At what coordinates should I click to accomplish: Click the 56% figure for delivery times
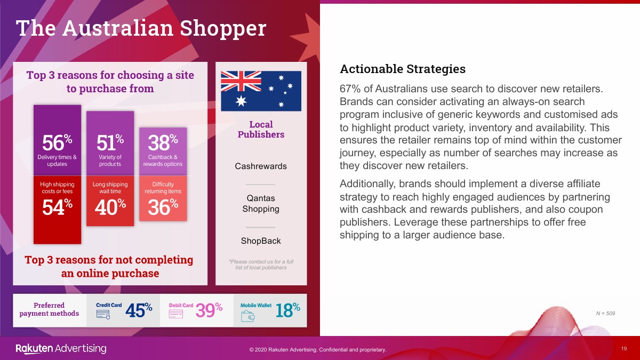point(57,142)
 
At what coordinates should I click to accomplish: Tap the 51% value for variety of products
point(110,142)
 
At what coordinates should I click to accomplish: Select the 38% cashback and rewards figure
point(163,142)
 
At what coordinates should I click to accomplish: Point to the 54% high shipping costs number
point(57,207)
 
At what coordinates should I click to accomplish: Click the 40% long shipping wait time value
point(110,207)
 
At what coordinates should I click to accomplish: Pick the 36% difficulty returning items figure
point(163,207)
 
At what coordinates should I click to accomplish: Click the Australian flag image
point(261,91)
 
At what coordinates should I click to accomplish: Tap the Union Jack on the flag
point(241,81)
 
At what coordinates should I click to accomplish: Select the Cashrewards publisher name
point(261,166)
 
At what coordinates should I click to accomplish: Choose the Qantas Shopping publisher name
point(261,203)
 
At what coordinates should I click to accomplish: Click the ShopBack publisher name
point(261,241)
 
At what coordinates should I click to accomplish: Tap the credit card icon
point(103,315)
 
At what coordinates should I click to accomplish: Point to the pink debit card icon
point(176,314)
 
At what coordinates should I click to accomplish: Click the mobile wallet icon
point(247,316)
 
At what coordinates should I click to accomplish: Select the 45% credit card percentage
point(139,310)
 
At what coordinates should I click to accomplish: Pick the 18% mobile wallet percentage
point(287,310)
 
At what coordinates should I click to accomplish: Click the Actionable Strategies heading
point(403,69)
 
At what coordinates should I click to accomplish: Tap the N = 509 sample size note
point(605,314)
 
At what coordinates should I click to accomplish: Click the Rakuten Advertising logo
point(61,349)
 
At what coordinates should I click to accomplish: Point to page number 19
point(623,349)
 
